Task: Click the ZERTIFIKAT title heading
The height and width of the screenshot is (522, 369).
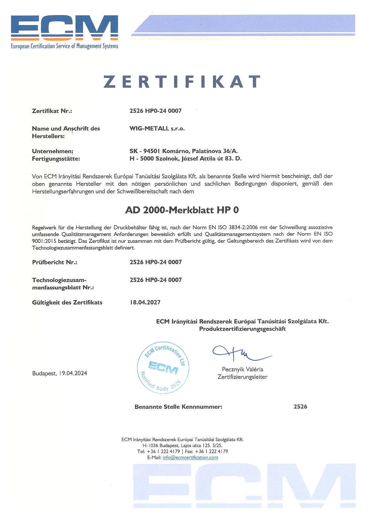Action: coord(182,82)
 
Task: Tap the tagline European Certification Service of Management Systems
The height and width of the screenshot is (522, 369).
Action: coord(65,46)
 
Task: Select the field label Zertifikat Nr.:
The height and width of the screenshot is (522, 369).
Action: coord(52,111)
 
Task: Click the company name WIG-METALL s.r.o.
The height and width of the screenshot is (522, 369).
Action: coord(157,128)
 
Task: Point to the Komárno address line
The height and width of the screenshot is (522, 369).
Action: coord(184,151)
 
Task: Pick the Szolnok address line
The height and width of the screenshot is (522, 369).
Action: coord(185,159)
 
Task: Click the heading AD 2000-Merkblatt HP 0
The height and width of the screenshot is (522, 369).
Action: coord(182,210)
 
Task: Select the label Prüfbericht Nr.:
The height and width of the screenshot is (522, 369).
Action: coord(55,262)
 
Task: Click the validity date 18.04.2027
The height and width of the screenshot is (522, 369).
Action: coord(145,302)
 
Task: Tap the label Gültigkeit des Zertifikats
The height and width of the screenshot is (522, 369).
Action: coord(67,302)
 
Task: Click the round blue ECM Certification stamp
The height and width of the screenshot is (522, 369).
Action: coord(163,367)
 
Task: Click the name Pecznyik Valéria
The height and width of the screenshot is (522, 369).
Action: coord(242,369)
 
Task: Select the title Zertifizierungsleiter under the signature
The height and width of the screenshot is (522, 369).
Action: coord(242,377)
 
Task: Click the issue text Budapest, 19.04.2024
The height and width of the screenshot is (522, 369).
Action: coord(60,373)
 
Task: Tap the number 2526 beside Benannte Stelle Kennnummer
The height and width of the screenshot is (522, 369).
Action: coord(300,407)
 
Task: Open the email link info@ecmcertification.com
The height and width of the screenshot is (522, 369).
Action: coord(190,457)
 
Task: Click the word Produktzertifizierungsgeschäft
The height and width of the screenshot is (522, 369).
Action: coord(242,329)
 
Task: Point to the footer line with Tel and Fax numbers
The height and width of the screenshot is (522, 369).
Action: coord(182,452)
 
